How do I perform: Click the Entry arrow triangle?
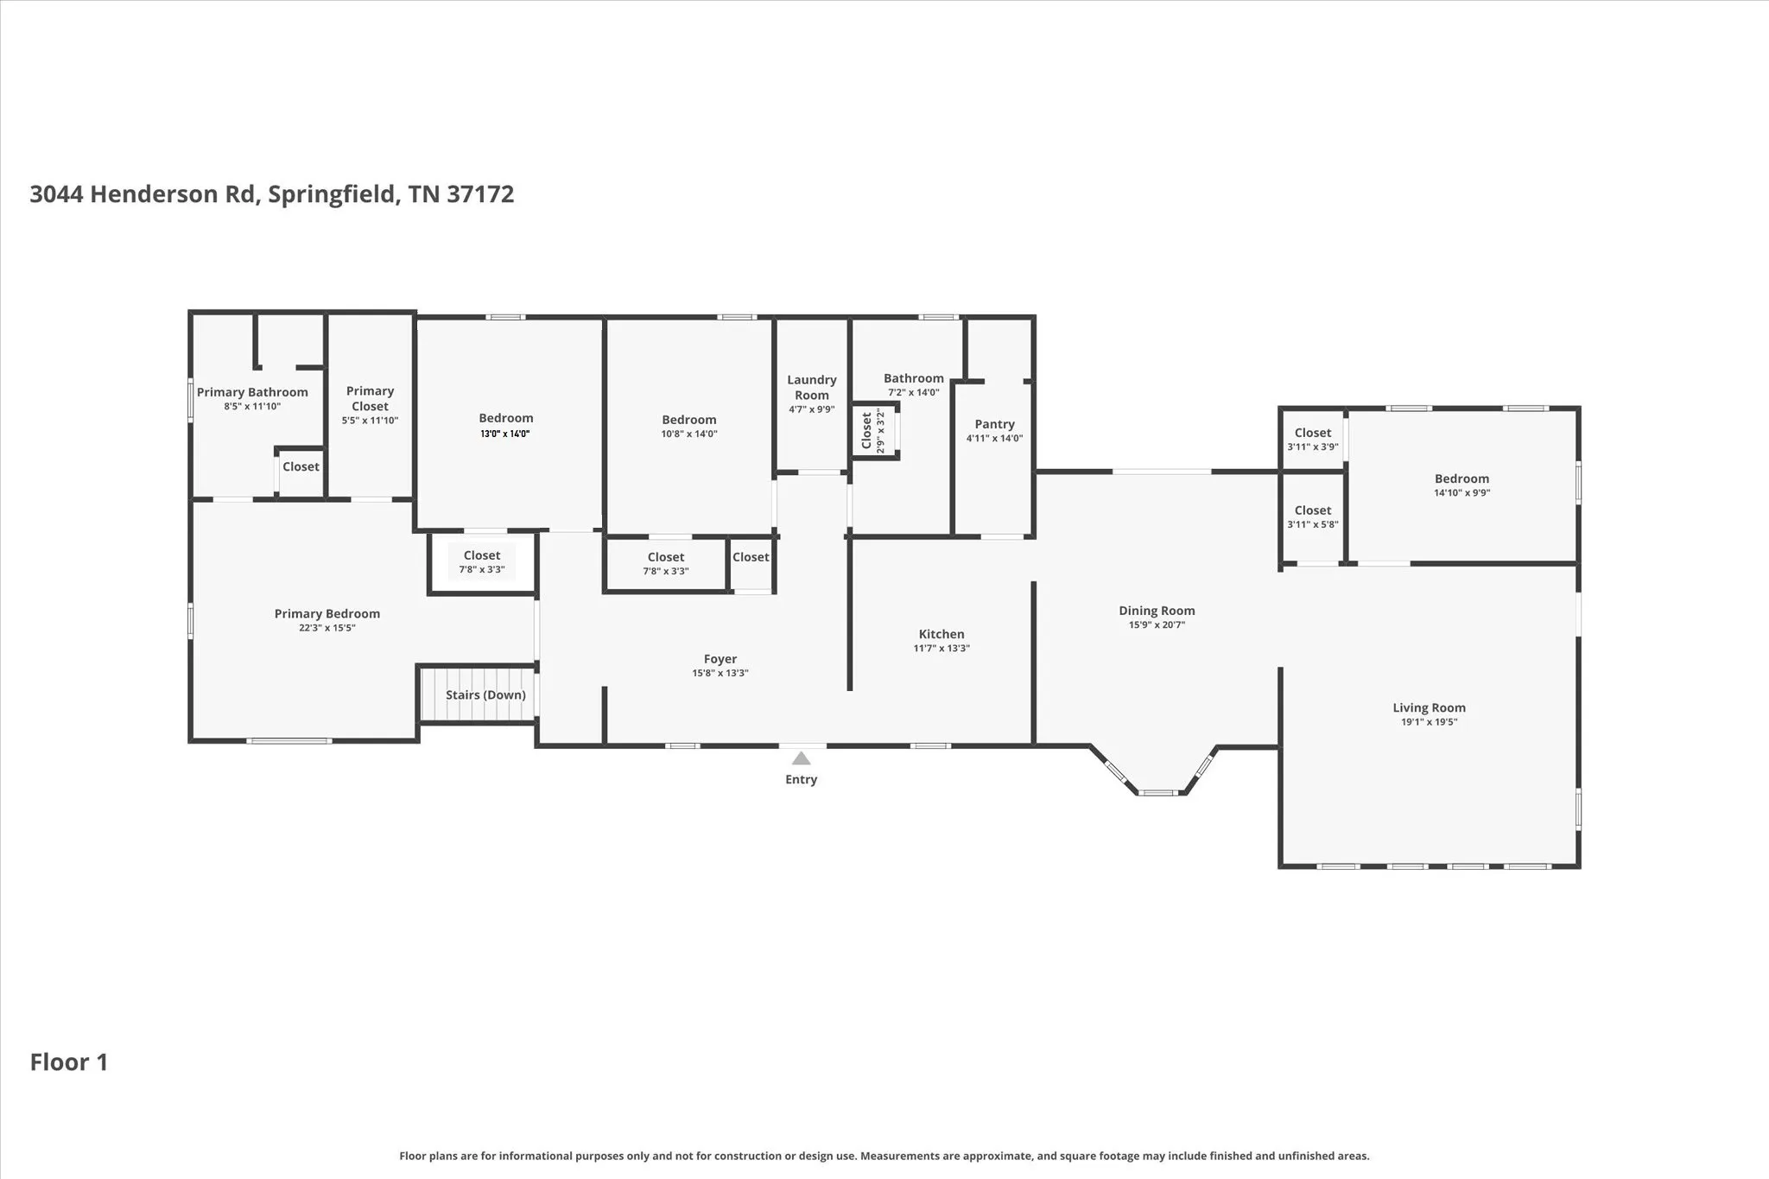(x=802, y=758)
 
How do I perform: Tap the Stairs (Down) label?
(x=485, y=695)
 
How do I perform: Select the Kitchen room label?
(x=942, y=634)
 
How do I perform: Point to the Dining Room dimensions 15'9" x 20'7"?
(x=1157, y=624)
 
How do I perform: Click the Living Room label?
(x=1429, y=708)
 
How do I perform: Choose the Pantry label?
(x=994, y=424)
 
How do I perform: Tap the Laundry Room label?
(x=812, y=388)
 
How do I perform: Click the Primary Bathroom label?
(x=252, y=392)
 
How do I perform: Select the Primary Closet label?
(x=370, y=399)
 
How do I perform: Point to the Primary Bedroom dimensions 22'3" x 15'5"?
(x=327, y=628)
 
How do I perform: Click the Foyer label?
(x=720, y=659)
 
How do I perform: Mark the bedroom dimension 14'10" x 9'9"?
(x=1461, y=493)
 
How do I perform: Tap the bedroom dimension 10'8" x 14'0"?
(x=689, y=434)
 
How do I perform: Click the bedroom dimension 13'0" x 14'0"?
(x=505, y=434)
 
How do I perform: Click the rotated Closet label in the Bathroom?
(x=866, y=431)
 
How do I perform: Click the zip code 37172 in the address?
(x=480, y=194)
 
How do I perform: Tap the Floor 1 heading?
(x=69, y=1062)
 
